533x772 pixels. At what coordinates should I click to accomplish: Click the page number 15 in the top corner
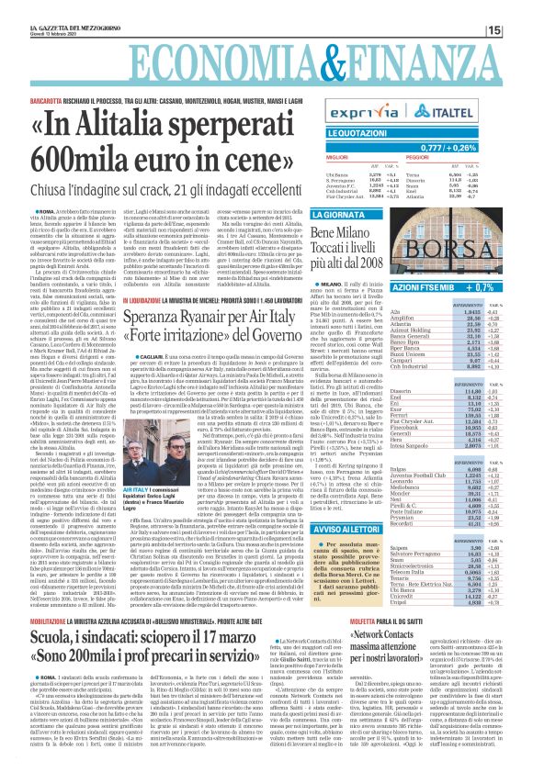[518, 8]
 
